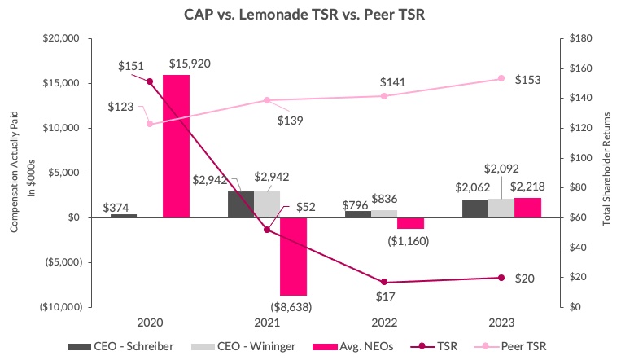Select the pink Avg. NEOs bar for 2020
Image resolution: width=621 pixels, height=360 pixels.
tap(176, 147)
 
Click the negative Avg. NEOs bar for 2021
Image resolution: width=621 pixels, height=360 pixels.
tap(293, 256)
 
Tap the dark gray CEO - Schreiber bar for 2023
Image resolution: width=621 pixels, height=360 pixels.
tap(475, 209)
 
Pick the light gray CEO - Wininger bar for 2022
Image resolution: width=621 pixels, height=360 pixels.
tap(384, 213)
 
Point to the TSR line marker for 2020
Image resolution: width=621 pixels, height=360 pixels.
tap(150, 81)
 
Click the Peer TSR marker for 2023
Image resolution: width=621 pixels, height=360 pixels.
tap(501, 78)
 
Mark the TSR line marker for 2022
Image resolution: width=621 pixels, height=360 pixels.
tap(384, 282)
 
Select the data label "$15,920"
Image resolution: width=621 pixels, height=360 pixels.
tap(190, 64)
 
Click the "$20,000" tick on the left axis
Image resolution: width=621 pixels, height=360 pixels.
tap(59, 38)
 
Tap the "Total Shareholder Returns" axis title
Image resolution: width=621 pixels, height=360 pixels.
tap(607, 173)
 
